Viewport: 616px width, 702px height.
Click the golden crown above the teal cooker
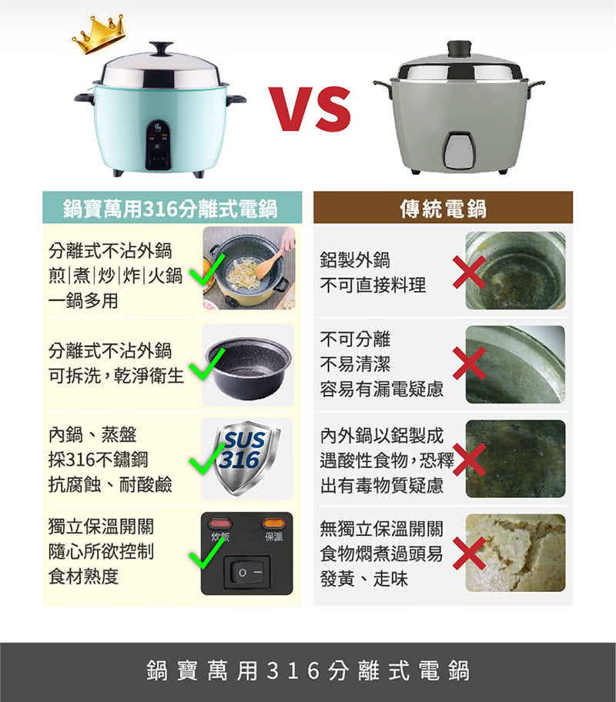click(x=99, y=34)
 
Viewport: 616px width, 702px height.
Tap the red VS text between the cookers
click(x=310, y=109)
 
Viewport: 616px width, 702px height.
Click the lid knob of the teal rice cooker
click(x=161, y=48)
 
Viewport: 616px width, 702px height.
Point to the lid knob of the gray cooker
click(x=459, y=48)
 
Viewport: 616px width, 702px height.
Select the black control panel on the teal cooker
click(x=158, y=145)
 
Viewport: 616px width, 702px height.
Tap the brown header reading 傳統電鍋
click(x=443, y=208)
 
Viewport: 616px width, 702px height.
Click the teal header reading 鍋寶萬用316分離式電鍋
click(x=172, y=208)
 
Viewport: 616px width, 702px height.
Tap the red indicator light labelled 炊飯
click(x=220, y=523)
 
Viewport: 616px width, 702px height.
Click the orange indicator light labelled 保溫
click(x=273, y=523)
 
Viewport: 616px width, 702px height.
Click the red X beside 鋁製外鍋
click(x=469, y=272)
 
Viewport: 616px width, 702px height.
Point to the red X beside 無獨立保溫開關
click(x=469, y=553)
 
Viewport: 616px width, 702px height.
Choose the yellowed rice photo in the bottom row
click(x=516, y=553)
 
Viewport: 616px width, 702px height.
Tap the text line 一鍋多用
click(x=83, y=300)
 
